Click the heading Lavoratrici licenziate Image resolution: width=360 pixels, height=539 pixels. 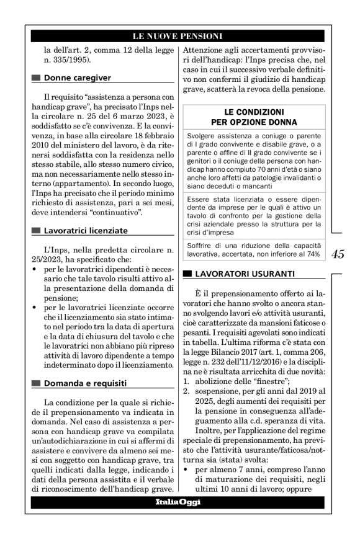[x=86, y=231]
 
